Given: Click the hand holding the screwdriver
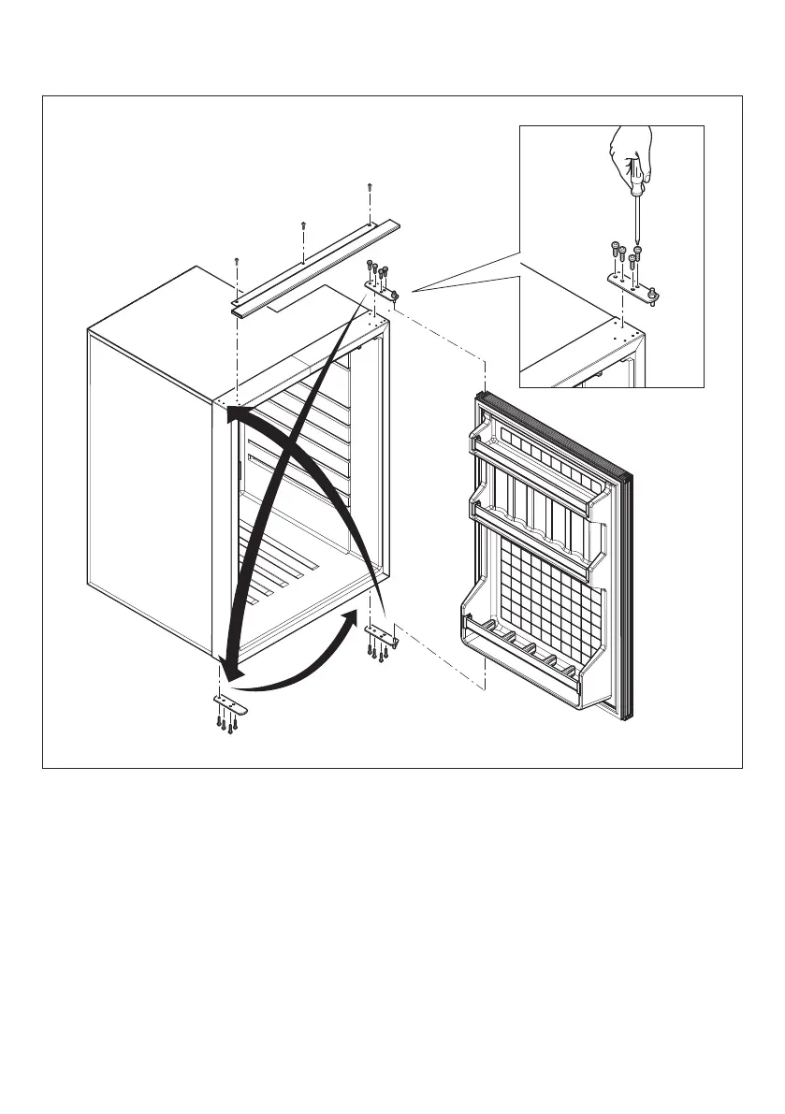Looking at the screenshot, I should tap(629, 150).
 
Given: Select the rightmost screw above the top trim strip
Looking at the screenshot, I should tap(370, 187).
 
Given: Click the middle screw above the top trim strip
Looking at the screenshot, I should tap(303, 224).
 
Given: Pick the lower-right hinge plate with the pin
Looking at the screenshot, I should tap(381, 634).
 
